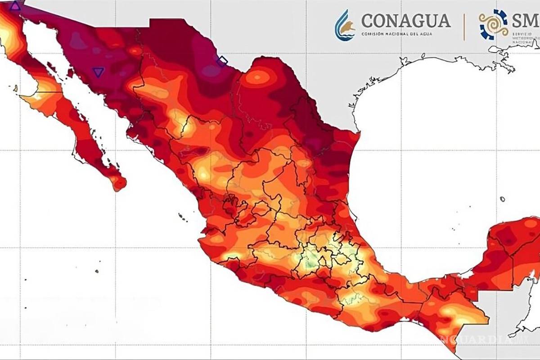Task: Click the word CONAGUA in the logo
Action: point(405,20)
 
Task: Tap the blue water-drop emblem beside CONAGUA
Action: point(344,25)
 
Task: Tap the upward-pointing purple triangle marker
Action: point(15,6)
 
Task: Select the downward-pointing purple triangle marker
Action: point(98,72)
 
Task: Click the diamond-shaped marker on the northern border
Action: point(222,61)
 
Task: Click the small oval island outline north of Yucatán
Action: point(502,199)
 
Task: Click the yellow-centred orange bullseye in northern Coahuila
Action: point(258,78)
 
